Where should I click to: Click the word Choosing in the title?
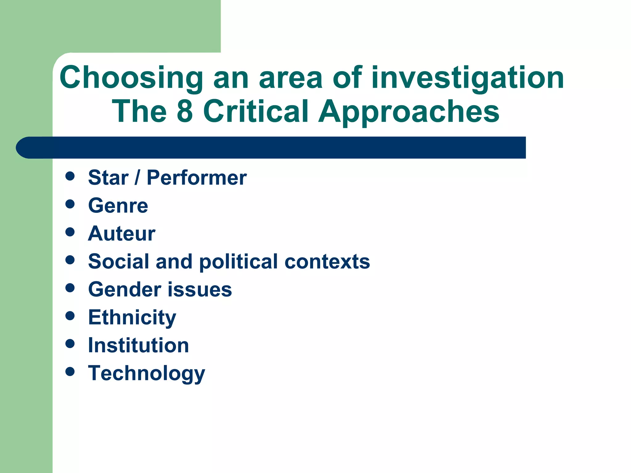(x=131, y=78)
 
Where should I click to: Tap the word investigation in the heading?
(x=468, y=78)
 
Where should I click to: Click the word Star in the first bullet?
(x=108, y=178)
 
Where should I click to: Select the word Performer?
(x=197, y=178)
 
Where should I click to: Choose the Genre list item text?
(x=118, y=206)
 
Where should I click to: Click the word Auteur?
(x=122, y=233)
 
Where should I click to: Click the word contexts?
(x=327, y=262)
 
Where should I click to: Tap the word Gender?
(x=125, y=289)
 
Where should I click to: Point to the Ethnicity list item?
(x=132, y=317)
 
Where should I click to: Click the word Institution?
(x=138, y=345)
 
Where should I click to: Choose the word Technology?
(x=147, y=374)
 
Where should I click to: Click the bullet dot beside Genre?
(x=70, y=204)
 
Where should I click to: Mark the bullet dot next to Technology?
(x=70, y=371)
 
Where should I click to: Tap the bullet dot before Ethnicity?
(x=70, y=316)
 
